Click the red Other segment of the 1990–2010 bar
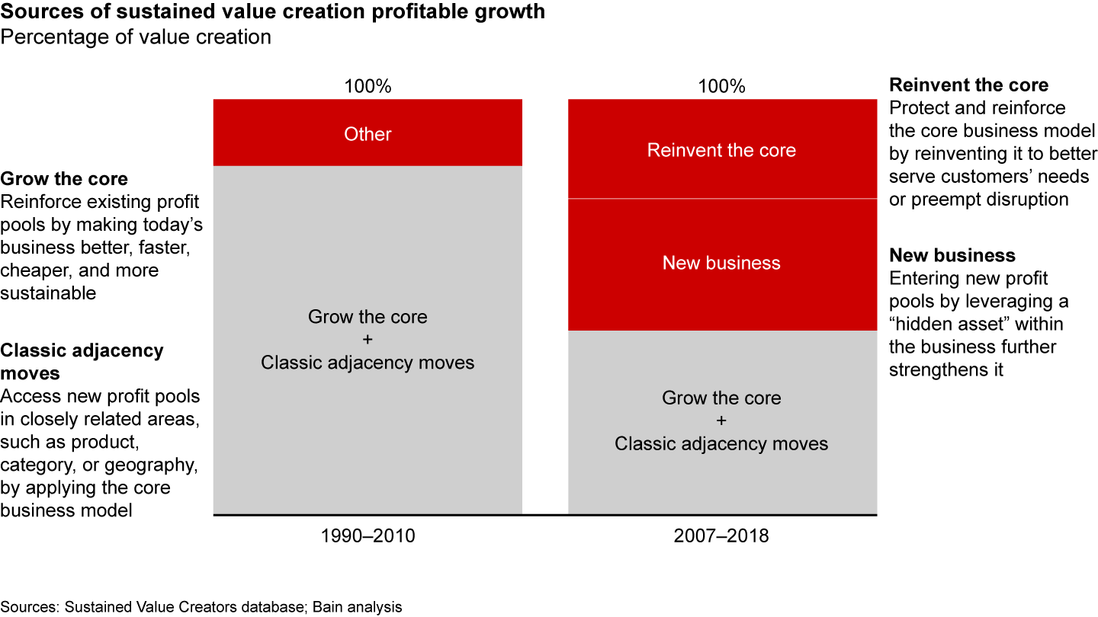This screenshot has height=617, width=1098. [x=368, y=133]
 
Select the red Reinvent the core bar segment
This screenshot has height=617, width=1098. [x=721, y=149]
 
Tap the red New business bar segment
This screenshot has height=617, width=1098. [x=721, y=264]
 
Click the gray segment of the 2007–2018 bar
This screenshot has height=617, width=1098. [x=721, y=421]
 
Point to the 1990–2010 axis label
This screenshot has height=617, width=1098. [x=368, y=536]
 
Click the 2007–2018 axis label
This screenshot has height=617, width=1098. [x=721, y=536]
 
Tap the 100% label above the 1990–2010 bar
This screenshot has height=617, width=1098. [x=368, y=86]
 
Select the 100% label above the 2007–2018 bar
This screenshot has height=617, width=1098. [x=721, y=86]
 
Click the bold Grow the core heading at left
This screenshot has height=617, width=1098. [x=64, y=179]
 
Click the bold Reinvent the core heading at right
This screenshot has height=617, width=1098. [x=968, y=85]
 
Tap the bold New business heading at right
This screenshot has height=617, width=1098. [x=952, y=255]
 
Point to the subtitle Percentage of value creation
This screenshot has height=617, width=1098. [x=136, y=37]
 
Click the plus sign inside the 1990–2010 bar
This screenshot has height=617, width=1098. [x=368, y=339]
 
